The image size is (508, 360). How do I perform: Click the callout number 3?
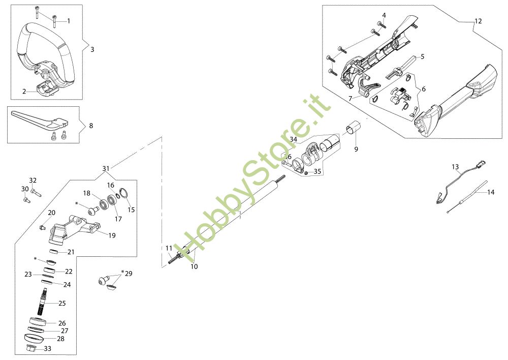tap(92, 49)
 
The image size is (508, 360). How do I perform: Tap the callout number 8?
tap(90, 125)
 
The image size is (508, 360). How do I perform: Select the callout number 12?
tap(478, 21)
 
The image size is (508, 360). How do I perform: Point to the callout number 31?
tap(106, 168)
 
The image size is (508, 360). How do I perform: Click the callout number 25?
tap(62, 303)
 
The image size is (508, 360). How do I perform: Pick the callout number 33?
tap(48, 349)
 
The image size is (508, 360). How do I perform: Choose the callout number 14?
tap(490, 192)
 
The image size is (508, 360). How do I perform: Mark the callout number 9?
tap(356, 149)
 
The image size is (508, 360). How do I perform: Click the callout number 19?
tap(112, 235)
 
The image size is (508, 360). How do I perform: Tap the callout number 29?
tap(128, 274)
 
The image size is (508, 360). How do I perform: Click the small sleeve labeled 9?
tap(354, 127)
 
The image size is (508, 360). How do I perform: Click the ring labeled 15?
tap(123, 194)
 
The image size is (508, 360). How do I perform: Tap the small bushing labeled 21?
tap(55, 252)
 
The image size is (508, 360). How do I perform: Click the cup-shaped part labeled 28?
tap(33, 338)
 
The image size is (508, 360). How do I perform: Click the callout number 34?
tap(294, 139)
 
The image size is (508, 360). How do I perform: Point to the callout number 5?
tap(422, 56)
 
